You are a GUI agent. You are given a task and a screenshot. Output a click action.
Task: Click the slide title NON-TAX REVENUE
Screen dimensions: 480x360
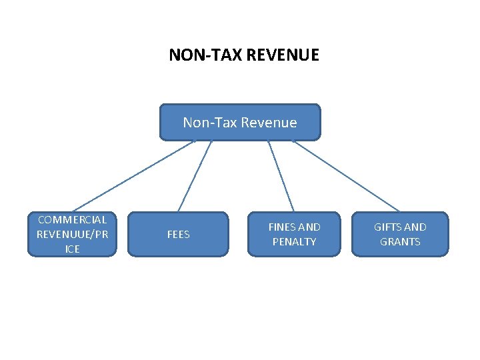[244, 54]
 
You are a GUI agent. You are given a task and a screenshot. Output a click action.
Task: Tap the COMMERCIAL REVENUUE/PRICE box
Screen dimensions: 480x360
[72, 234]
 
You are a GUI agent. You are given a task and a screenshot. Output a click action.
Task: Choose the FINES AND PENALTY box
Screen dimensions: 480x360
[294, 234]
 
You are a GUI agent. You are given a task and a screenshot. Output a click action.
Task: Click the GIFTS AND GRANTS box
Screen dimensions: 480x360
[400, 234]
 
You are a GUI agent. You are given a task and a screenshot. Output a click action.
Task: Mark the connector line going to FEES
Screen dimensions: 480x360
[195, 176]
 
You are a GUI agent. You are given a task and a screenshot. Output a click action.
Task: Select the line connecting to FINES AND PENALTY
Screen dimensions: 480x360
[281, 176]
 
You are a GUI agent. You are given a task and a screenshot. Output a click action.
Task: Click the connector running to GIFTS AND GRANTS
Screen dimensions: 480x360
[347, 176]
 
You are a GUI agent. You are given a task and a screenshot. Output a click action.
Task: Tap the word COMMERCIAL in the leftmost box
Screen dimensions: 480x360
[72, 219]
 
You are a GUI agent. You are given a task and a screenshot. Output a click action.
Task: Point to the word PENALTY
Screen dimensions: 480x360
[294, 241]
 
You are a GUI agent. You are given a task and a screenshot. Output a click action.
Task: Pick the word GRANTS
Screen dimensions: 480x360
[400, 241]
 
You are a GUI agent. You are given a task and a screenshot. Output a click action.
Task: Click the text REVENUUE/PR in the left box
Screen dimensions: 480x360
[72, 234]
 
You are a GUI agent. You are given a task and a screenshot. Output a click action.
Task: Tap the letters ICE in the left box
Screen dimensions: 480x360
[72, 249]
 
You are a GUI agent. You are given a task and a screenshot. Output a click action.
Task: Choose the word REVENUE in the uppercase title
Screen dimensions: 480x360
[283, 54]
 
